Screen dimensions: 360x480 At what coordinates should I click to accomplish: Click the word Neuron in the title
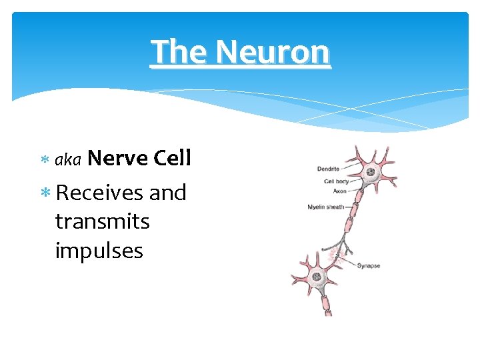(273, 52)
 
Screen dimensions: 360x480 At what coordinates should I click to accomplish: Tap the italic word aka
(67, 159)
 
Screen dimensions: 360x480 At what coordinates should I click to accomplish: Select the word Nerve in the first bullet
(117, 158)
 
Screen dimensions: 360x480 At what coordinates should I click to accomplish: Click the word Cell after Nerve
(172, 158)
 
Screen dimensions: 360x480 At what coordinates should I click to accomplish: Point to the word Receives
(99, 193)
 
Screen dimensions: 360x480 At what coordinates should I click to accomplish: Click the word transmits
(102, 221)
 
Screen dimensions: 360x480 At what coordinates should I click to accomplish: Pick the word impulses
(99, 251)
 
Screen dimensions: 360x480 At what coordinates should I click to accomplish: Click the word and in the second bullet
(167, 193)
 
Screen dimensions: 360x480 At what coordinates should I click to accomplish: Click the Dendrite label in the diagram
(328, 169)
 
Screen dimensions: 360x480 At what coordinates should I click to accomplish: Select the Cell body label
(336, 181)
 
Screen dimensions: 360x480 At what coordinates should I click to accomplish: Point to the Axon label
(340, 191)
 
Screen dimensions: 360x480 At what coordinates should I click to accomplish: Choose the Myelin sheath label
(325, 207)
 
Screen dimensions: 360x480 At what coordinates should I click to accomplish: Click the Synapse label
(368, 265)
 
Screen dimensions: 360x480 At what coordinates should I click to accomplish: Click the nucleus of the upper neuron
(370, 172)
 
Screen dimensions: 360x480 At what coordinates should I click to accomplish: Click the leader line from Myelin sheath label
(349, 207)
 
